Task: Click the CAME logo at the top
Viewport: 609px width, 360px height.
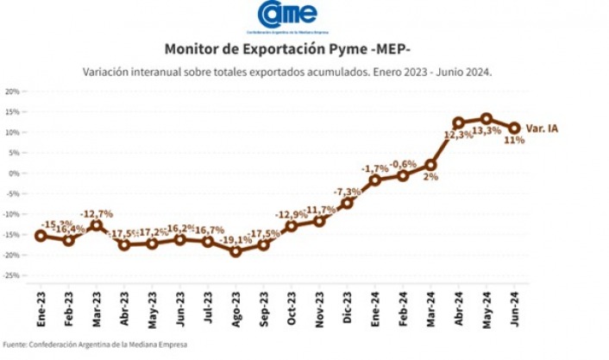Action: pos(288,16)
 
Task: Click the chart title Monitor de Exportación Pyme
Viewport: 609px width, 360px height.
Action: pos(288,49)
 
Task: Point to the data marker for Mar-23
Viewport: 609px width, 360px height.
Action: pos(97,225)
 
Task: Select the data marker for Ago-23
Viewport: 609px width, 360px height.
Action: pos(236,251)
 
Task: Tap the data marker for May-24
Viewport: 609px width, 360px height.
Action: pos(487,118)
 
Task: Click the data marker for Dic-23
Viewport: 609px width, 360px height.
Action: pos(348,204)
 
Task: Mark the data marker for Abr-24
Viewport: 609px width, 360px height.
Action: pos(459,123)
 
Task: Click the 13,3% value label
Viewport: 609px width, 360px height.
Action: pos(487,131)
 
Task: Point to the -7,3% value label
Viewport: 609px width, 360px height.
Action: pos(348,191)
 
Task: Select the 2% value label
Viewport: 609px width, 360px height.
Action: pos(430,177)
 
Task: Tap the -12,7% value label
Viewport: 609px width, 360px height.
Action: pos(97,213)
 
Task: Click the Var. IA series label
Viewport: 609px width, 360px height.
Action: pos(541,129)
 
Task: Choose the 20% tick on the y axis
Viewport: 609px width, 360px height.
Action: pos(12,92)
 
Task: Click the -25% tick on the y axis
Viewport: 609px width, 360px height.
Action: pos(11,275)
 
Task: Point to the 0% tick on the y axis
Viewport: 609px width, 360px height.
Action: pos(15,173)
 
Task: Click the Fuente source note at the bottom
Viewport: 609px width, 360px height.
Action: pos(95,344)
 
